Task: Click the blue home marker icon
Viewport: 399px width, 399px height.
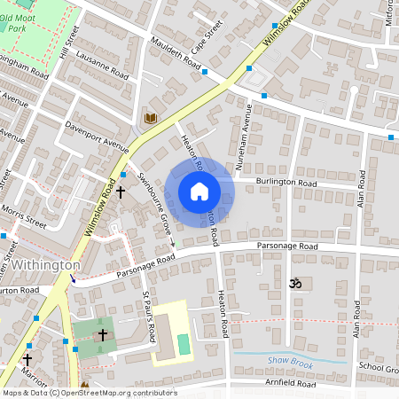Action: [x=199, y=192]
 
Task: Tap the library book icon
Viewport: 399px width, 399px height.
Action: [x=151, y=118]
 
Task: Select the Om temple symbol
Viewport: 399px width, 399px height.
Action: [x=295, y=283]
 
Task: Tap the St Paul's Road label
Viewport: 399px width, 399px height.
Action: [x=149, y=316]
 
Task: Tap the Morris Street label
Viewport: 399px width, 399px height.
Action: [x=24, y=218]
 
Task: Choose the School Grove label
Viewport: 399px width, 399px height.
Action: [x=379, y=368]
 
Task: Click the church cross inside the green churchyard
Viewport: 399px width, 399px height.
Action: [x=102, y=334]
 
